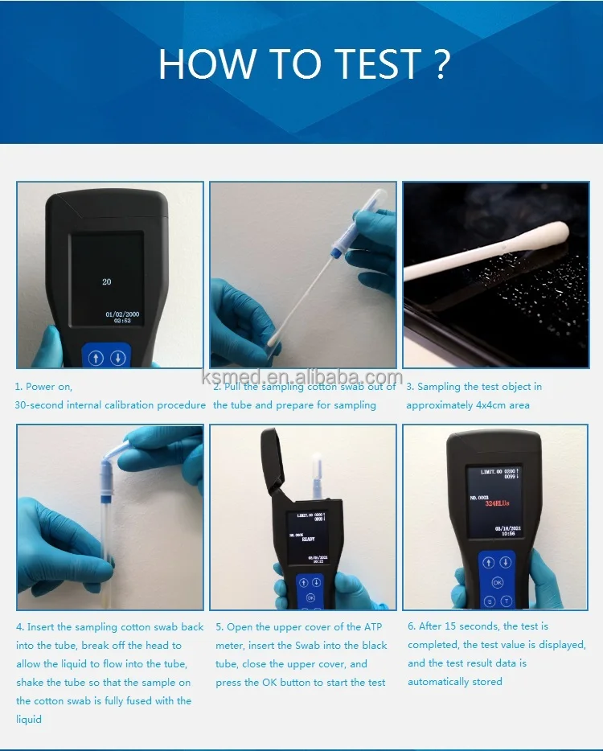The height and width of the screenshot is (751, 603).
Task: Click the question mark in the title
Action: (x=441, y=64)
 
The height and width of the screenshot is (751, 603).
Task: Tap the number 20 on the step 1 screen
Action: (x=106, y=282)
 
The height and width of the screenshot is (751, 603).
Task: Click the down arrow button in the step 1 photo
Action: (x=118, y=358)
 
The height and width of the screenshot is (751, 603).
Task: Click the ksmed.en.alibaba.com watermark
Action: (x=301, y=378)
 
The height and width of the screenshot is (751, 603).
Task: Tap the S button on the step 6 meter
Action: (x=489, y=601)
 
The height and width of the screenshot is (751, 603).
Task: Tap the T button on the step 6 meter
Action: (x=507, y=601)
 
